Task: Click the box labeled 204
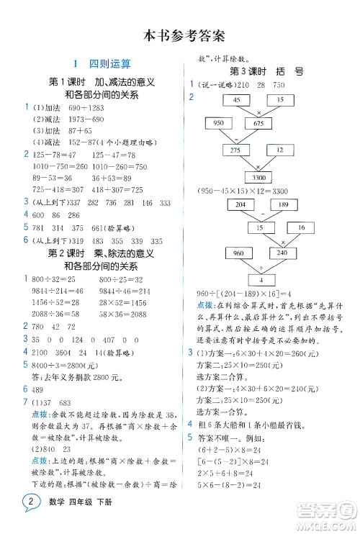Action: [x=237, y=205]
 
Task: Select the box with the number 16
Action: [x=301, y=227]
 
